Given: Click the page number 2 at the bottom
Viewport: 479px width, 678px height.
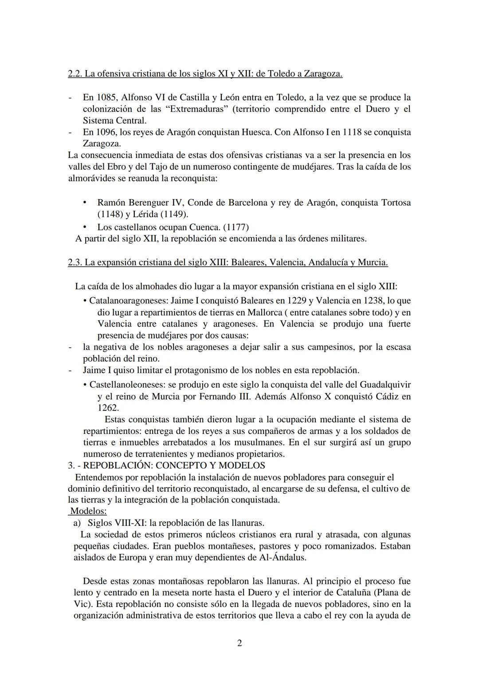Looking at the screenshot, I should (239, 643).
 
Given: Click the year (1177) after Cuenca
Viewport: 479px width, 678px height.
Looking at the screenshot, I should (236, 227).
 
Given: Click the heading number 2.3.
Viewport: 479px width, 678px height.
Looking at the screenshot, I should (75, 262).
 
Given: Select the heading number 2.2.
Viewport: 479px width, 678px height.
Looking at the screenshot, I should (75, 74).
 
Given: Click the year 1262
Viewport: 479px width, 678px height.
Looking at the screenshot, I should (108, 408).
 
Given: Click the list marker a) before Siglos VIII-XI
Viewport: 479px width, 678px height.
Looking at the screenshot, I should (77, 523).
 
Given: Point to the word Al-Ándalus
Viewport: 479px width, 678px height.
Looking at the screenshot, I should (283, 558).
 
